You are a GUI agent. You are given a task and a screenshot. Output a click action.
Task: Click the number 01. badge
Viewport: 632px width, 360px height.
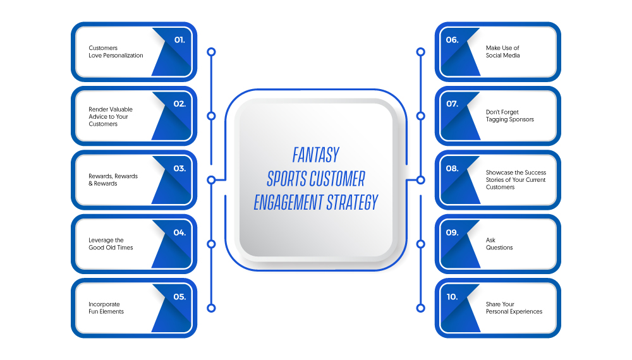[179, 40]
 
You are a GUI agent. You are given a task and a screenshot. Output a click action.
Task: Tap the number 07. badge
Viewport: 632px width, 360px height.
[453, 104]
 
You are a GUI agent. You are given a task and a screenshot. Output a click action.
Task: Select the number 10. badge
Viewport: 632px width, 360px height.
[453, 297]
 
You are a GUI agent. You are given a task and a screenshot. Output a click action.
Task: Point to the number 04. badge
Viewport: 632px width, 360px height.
[179, 233]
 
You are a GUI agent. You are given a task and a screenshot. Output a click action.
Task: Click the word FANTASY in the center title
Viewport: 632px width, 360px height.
[316, 155]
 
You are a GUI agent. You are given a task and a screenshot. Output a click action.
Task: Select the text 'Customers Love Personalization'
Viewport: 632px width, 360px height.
[116, 52]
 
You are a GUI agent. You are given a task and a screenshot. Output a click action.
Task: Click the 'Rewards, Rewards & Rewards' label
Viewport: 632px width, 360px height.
[113, 179]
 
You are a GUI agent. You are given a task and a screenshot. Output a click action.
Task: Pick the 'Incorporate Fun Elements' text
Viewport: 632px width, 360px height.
[106, 308]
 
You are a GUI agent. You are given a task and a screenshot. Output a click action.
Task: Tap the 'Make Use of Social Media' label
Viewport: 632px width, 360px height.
[502, 52]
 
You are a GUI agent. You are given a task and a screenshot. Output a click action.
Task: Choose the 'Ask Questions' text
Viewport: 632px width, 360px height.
[499, 244]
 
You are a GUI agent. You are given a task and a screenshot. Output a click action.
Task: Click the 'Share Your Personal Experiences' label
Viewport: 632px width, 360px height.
[514, 308]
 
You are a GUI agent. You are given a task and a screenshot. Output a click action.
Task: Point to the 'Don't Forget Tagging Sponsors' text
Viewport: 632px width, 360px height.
[509, 116]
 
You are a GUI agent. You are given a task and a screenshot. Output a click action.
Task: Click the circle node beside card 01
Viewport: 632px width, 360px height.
[211, 52]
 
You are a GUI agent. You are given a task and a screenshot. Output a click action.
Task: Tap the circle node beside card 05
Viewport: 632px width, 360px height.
[211, 308]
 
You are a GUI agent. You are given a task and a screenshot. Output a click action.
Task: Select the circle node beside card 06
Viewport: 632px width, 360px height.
[420, 52]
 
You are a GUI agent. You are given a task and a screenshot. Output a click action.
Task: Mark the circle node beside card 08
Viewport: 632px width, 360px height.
[420, 180]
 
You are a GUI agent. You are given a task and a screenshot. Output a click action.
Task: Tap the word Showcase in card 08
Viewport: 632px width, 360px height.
[499, 172]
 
